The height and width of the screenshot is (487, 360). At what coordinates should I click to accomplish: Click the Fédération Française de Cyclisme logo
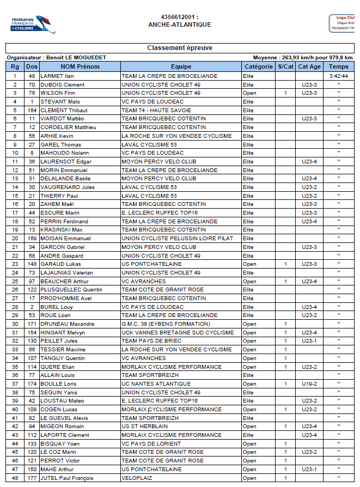point(33,23)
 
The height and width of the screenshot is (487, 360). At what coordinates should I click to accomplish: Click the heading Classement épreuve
point(180,48)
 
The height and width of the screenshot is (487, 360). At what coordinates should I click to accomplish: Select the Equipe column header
point(181,66)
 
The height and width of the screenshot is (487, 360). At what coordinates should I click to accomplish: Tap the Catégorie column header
point(258,66)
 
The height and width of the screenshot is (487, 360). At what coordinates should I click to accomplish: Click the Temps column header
point(338,66)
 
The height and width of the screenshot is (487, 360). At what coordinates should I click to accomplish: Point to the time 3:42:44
point(338,76)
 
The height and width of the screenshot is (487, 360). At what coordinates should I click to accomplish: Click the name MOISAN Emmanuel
point(65,238)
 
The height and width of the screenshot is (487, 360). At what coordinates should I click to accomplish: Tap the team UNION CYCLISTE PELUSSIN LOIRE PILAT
point(177,238)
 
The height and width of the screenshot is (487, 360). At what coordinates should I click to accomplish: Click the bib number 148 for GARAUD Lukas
point(32,264)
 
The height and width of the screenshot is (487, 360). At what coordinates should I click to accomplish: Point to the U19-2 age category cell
point(309,383)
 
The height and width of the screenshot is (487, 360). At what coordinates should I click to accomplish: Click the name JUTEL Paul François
point(68,478)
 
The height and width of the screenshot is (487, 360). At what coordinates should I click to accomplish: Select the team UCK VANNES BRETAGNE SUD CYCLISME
point(178,332)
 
